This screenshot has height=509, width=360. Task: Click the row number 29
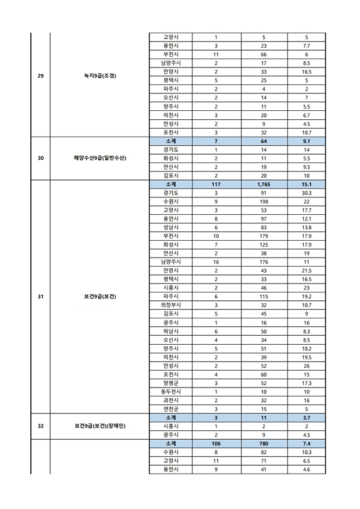click(40, 76)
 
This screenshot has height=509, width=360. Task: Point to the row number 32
click(40, 426)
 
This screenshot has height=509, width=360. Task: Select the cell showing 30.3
click(307, 192)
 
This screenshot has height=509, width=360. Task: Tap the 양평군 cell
click(170, 382)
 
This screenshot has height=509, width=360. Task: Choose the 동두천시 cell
click(170, 391)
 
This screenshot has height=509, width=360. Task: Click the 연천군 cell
click(170, 409)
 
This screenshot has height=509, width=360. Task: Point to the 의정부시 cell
click(170, 305)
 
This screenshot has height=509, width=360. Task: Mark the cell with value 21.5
click(307, 271)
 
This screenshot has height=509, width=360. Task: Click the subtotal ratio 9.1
click(307, 141)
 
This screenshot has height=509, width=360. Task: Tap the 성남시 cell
click(170, 227)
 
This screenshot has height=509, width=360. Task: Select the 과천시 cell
click(170, 400)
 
